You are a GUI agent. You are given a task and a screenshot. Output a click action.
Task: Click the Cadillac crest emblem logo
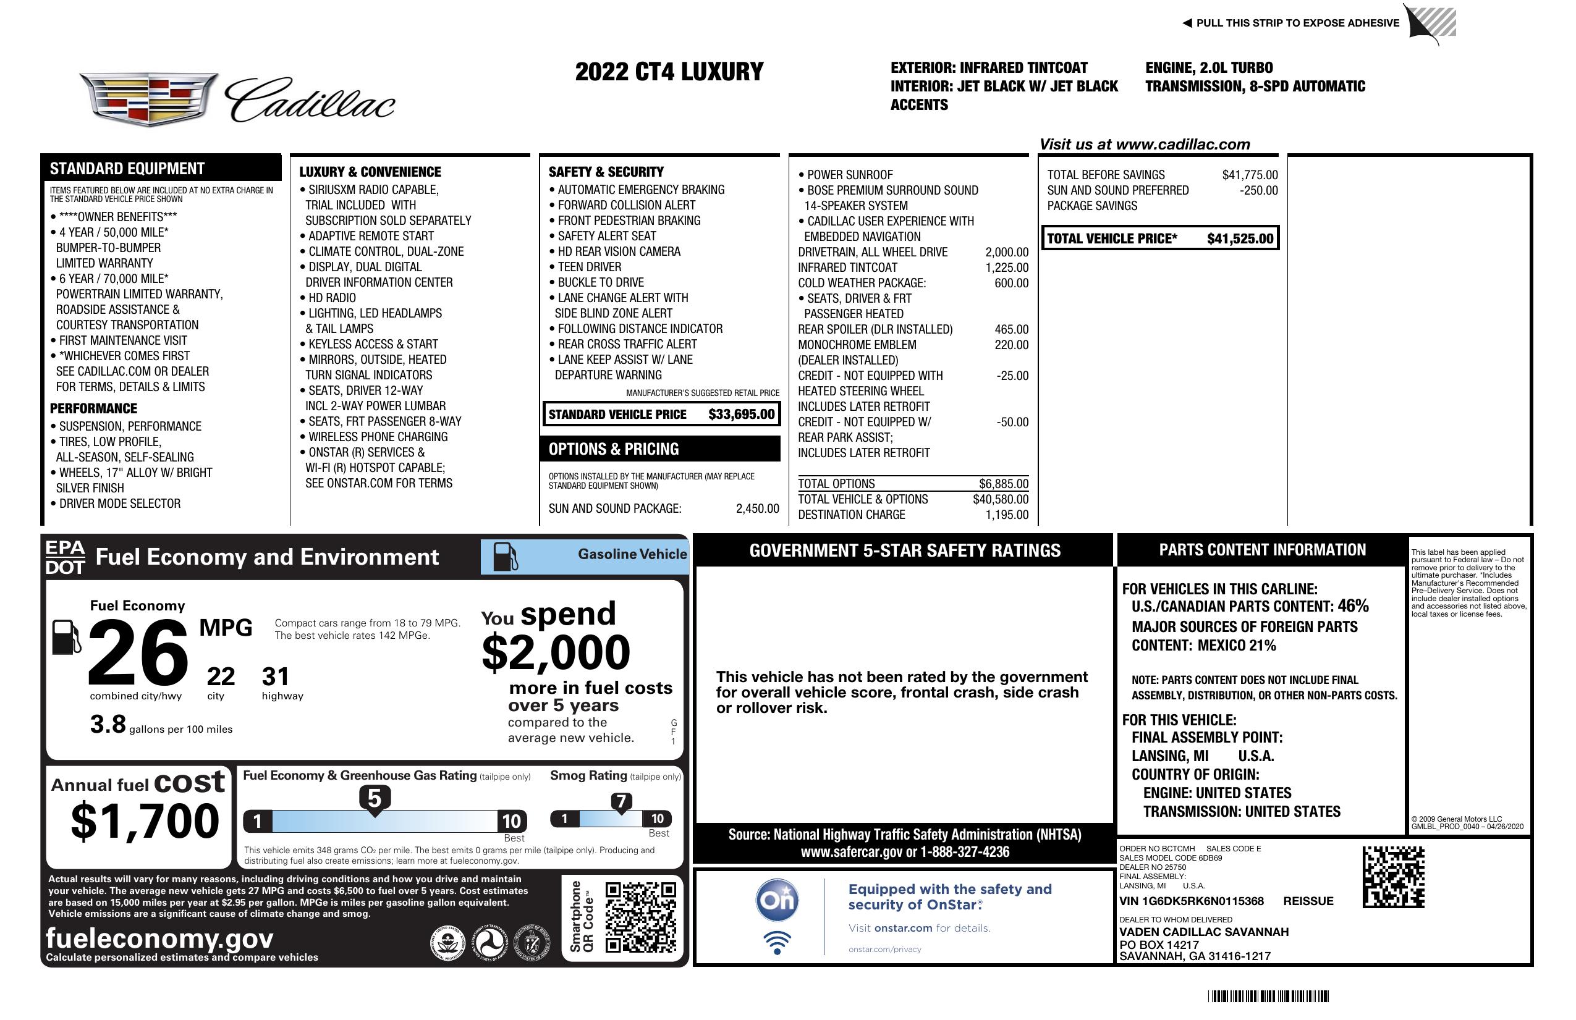click(x=149, y=99)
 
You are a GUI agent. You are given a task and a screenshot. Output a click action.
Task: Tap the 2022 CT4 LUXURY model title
click(x=669, y=72)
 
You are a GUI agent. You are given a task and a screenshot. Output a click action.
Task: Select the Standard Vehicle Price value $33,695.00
click(x=741, y=415)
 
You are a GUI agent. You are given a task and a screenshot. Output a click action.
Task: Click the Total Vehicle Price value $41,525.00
click(x=1240, y=238)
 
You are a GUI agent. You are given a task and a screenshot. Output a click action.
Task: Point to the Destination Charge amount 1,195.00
click(x=1007, y=515)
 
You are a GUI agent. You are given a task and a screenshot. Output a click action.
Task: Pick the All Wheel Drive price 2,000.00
click(x=1007, y=252)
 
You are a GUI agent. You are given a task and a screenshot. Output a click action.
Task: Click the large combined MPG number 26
click(x=138, y=652)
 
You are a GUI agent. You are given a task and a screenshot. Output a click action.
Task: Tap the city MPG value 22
click(x=221, y=676)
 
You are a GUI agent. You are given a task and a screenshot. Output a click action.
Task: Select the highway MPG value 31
click(x=276, y=676)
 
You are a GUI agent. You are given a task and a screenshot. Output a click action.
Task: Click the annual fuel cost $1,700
click(x=145, y=821)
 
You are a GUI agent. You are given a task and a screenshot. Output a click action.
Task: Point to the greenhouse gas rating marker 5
click(x=374, y=799)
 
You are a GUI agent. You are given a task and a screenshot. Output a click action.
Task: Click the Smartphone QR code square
click(x=640, y=917)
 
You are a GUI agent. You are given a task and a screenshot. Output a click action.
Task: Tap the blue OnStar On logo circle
click(x=777, y=900)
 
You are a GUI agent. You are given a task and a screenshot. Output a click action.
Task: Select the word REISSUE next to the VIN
click(x=1308, y=901)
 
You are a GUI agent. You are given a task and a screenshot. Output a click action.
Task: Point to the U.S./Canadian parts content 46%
click(x=1353, y=605)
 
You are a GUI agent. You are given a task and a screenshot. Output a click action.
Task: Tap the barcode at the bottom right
click(x=1268, y=996)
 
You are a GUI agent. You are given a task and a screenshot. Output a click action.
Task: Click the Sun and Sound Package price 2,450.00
click(x=757, y=508)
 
